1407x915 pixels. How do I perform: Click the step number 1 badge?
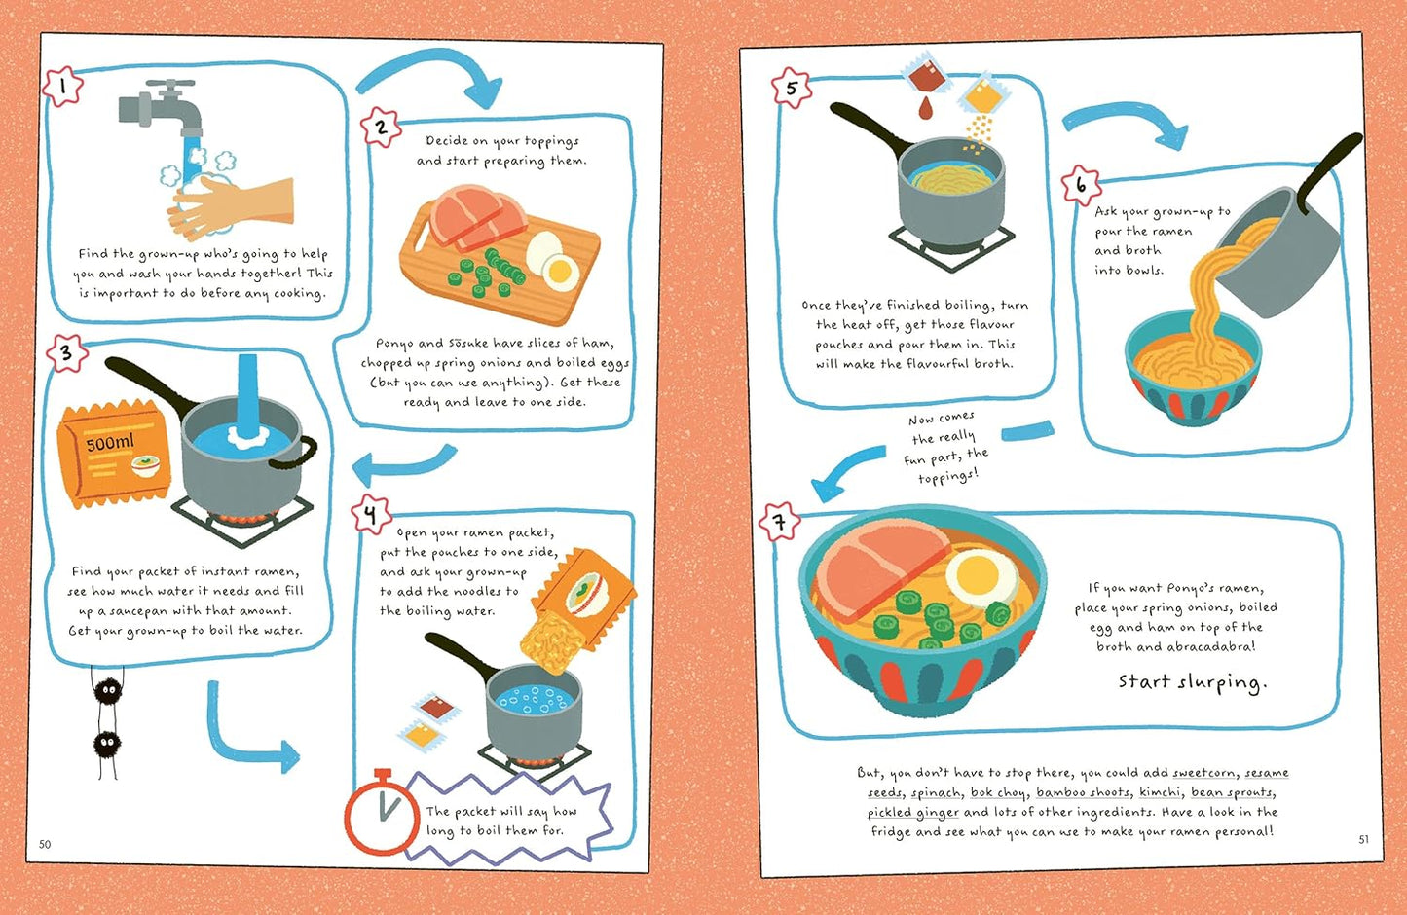point(63,86)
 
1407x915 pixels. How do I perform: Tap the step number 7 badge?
point(780,522)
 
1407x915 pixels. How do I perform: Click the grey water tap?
point(162,107)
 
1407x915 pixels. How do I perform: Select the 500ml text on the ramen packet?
point(110,443)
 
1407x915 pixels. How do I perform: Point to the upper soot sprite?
point(107,691)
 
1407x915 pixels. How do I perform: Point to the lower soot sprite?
point(107,745)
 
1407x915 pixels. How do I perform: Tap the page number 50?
point(45,844)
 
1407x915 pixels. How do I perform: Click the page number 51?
point(1363,839)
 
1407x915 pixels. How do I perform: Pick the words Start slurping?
point(1192,682)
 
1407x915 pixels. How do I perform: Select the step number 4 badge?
point(372,514)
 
